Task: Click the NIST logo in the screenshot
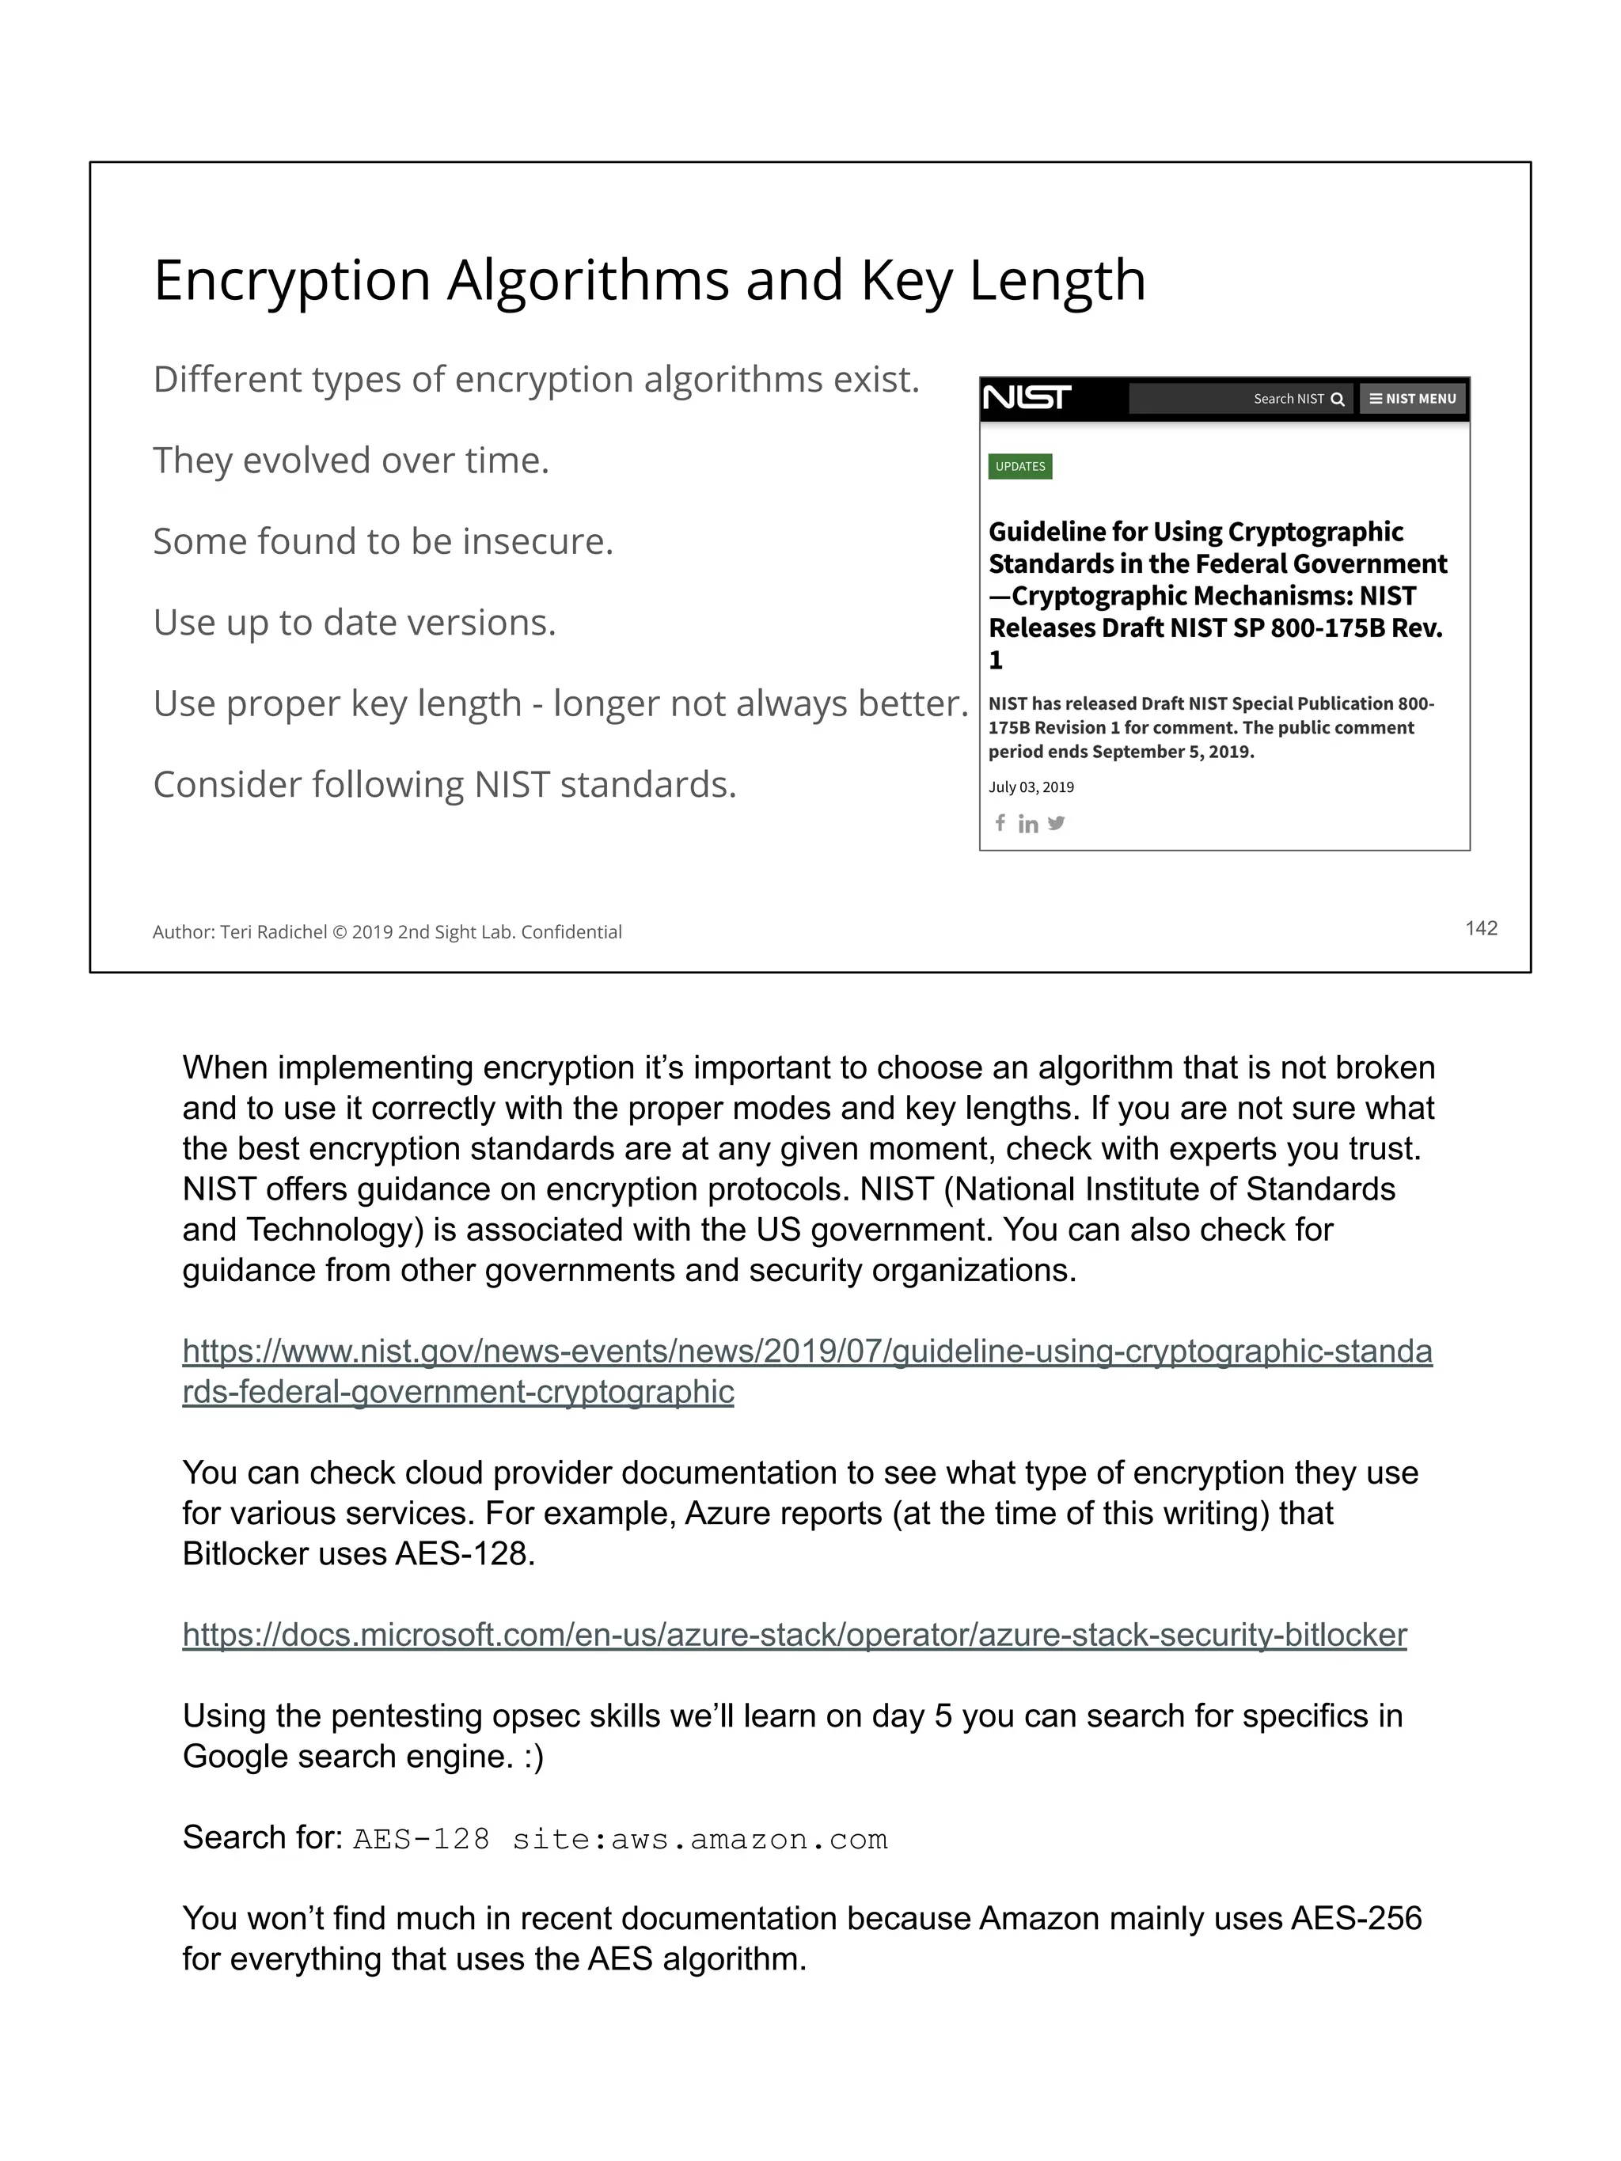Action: pos(1026,397)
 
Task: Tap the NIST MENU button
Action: pos(1412,399)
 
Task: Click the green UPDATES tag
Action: pos(1019,466)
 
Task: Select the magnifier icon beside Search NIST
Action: pos(1337,399)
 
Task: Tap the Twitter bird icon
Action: pos(1055,823)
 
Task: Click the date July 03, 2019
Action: pos(1030,787)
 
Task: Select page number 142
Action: pos(1480,928)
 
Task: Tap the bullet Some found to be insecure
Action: pos(383,541)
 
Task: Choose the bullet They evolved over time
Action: pos(351,461)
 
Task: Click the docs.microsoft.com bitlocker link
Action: pos(793,1635)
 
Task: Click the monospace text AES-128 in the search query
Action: pos(421,1840)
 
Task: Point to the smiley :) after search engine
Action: pos(533,1757)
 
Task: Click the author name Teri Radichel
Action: pos(272,932)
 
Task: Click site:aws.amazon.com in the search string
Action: pos(700,1840)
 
